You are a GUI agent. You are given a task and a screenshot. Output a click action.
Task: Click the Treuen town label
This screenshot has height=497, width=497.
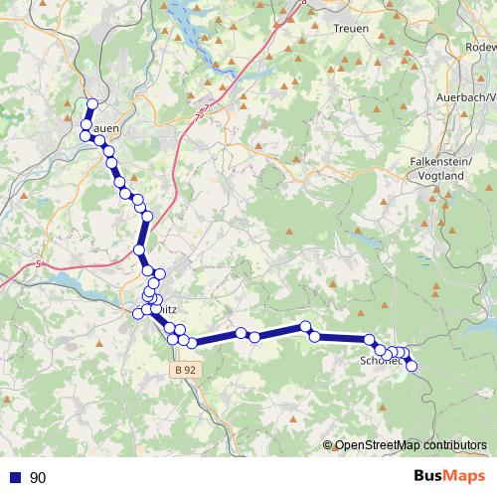click(351, 28)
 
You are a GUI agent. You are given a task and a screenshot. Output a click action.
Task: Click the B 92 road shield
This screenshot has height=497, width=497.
click(180, 370)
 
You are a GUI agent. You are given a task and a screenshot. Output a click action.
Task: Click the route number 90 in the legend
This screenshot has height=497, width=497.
click(39, 478)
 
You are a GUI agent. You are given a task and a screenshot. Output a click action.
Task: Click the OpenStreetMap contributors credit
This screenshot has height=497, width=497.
click(411, 445)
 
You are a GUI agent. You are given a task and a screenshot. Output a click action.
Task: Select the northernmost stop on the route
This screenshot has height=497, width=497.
click(92, 104)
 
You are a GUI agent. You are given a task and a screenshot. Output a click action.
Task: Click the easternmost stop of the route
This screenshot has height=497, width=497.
click(412, 366)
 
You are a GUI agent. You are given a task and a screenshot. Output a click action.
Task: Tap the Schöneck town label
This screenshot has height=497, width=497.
click(381, 362)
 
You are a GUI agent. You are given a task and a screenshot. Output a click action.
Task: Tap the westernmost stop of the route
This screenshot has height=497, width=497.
click(84, 135)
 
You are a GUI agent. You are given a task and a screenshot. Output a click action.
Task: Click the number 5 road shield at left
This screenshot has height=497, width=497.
click(38, 264)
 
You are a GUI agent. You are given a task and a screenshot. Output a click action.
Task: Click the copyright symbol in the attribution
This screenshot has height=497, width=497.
click(328, 445)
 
